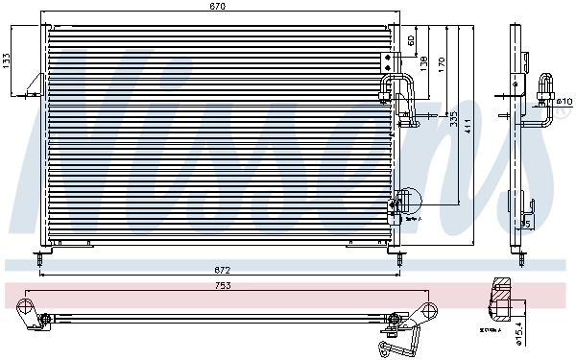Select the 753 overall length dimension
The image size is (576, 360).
point(220,285)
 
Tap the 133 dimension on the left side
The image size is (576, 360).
point(8,60)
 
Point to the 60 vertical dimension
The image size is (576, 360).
point(411,40)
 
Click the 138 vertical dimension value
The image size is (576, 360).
point(423,62)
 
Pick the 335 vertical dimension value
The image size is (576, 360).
point(453,120)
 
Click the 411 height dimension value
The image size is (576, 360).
point(468,125)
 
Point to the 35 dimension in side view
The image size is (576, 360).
point(524,224)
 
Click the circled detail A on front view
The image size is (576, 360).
point(407,202)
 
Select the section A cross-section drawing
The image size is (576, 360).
point(505,300)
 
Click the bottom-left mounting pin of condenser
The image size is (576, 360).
point(39,257)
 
